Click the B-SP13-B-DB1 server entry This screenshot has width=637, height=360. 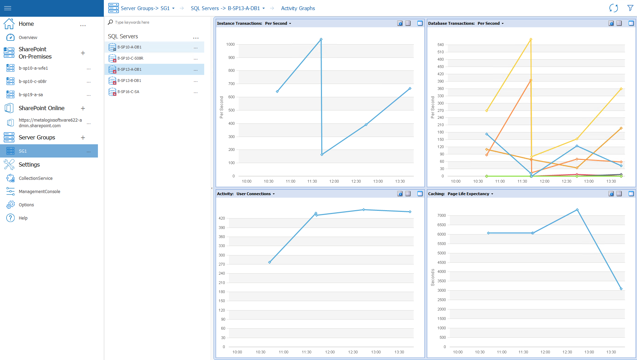coord(129,81)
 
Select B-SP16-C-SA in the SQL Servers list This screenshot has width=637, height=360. coord(128,92)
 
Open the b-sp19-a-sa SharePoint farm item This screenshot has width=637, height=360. coord(31,95)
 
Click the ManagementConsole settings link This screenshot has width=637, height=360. coord(39,192)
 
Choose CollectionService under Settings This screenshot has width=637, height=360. coord(36,178)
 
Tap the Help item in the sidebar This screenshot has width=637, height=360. coord(23,218)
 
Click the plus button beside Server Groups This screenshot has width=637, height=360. coord(83,138)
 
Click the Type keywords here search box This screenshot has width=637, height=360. coord(132,22)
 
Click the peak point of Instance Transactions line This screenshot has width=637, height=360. coord(321,39)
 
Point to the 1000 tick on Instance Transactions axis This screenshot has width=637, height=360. coord(230,44)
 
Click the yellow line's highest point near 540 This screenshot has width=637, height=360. coord(531,39)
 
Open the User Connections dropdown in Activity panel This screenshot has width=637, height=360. coord(255,194)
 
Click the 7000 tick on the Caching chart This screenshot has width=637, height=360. coord(442,215)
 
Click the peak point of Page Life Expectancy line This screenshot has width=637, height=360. coord(577,210)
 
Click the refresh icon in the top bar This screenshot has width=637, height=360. coord(614,8)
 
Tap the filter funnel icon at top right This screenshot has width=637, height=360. coord(630,8)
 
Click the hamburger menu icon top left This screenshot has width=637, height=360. coord(8,8)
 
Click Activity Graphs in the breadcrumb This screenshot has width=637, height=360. coord(298,8)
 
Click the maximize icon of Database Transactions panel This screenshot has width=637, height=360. coord(631,23)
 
